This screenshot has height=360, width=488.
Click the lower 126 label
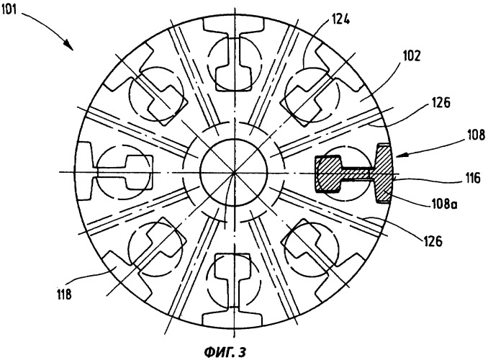433,241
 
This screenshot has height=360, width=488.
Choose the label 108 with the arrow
476,135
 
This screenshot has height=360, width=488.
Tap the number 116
471,179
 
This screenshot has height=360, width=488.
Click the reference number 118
64,294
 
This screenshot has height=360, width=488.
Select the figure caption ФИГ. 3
225,352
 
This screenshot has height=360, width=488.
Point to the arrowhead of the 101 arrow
69,46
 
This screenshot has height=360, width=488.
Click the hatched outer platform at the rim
384,173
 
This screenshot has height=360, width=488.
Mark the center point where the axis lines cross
234,172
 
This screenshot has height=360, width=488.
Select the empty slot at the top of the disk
234,54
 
